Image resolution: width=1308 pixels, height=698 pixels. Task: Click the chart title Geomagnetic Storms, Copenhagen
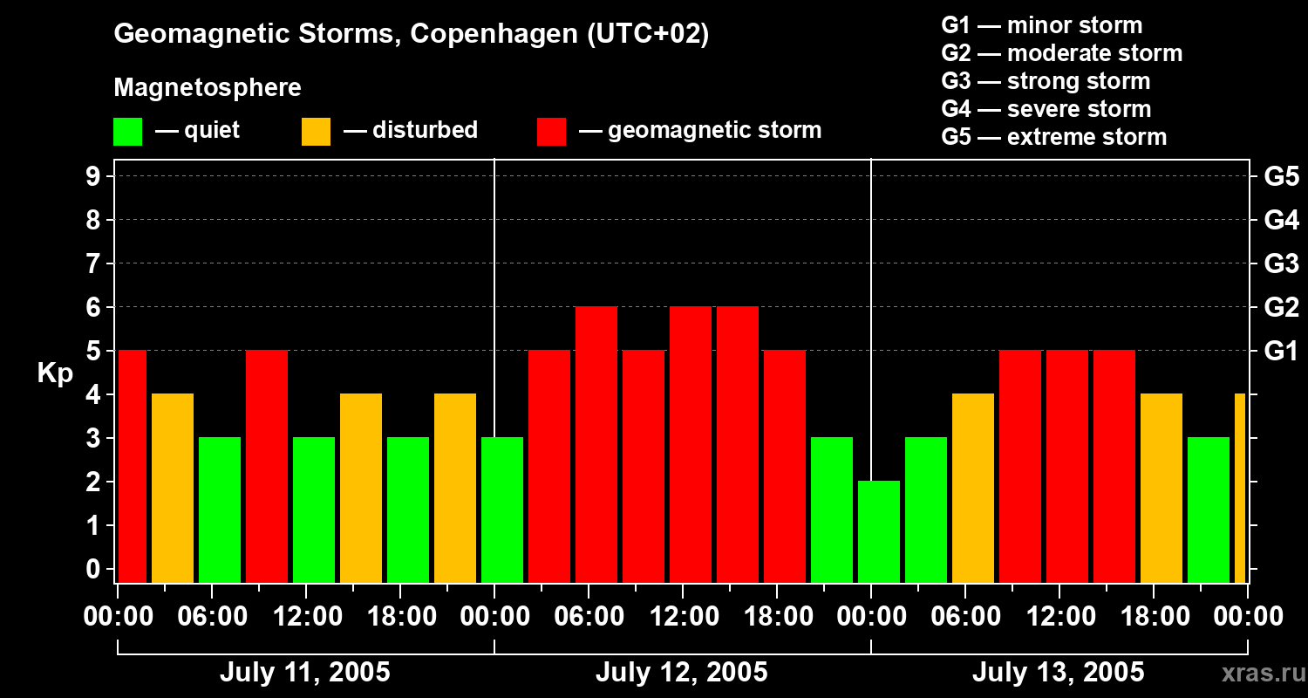(411, 34)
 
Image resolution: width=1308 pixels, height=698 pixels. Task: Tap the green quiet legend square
(127, 131)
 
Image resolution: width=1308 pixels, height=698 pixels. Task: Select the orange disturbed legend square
(316, 131)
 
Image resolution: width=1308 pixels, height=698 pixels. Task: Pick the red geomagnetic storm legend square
(551, 131)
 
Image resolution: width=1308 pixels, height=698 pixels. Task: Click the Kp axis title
(55, 373)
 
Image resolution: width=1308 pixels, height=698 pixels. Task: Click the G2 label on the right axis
(1281, 308)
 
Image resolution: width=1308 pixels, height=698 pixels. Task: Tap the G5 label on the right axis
(1281, 177)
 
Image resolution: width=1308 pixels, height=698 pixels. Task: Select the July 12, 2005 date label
(681, 673)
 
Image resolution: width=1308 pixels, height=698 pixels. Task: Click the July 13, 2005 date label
(1058, 673)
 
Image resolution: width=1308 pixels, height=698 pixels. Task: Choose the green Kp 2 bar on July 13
(878, 531)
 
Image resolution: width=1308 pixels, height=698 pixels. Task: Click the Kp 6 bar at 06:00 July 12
(596, 444)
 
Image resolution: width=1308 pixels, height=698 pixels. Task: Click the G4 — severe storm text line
(1046, 109)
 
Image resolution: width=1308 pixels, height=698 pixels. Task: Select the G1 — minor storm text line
(1041, 25)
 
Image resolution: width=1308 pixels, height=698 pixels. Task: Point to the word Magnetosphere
(208, 88)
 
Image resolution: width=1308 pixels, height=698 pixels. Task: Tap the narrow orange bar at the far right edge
(1240, 488)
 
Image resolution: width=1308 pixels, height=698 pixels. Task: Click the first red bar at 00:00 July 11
(133, 466)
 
